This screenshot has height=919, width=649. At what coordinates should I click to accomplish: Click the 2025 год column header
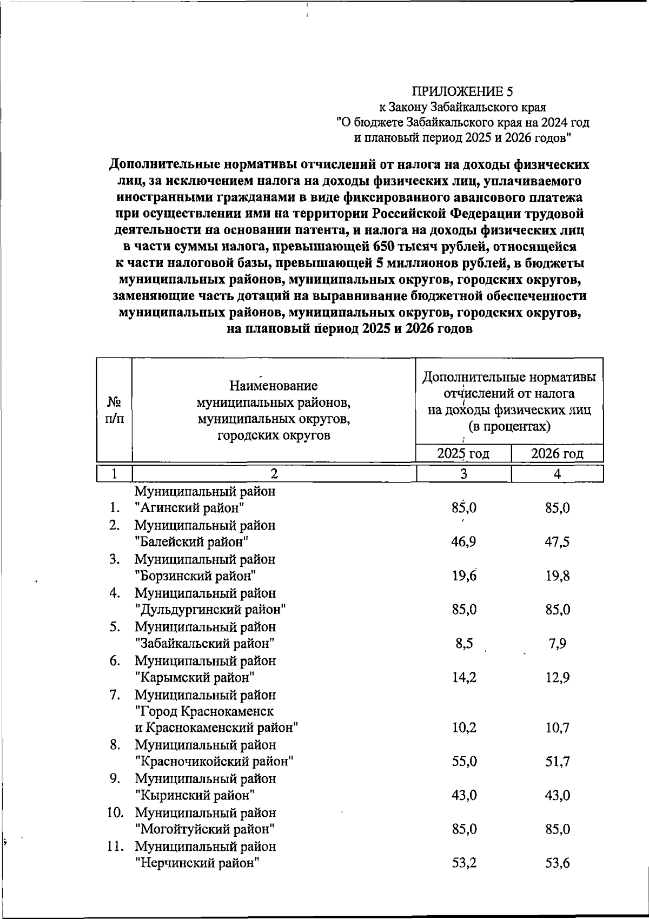click(463, 453)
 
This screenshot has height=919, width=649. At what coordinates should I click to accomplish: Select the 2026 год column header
click(557, 453)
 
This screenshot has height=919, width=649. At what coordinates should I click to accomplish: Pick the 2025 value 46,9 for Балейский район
click(464, 542)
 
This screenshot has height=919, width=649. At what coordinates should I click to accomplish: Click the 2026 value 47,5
click(558, 542)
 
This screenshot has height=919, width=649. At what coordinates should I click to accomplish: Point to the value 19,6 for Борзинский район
click(464, 576)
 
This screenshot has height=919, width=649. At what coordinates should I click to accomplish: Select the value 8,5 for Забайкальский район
click(464, 644)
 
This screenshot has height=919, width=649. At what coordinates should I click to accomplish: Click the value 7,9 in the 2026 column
click(558, 644)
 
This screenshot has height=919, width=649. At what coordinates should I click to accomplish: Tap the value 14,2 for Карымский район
click(464, 678)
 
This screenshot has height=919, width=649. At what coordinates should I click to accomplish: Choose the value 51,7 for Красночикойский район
click(558, 762)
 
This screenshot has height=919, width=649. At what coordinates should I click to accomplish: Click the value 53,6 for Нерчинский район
click(558, 863)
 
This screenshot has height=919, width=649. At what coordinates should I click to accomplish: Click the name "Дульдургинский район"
click(210, 610)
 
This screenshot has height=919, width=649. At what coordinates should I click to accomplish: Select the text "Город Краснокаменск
click(204, 711)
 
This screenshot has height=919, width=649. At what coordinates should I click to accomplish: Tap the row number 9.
click(114, 779)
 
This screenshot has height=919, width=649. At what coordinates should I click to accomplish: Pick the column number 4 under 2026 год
click(557, 474)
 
